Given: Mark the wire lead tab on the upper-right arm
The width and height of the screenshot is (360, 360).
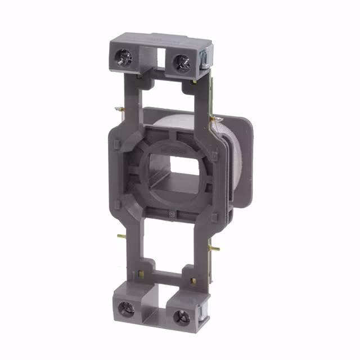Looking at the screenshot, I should point(214,119).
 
